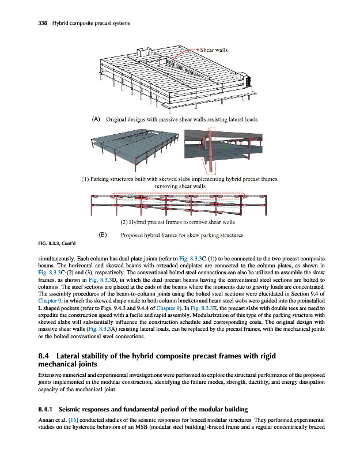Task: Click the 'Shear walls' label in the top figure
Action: click(x=214, y=50)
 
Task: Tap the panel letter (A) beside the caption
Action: click(x=96, y=120)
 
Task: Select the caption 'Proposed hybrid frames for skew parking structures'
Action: click(x=181, y=235)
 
